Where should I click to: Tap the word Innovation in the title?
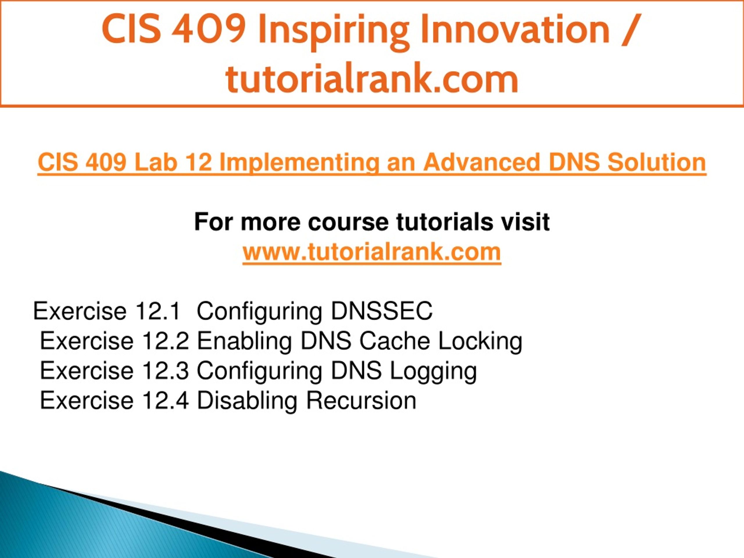[515, 29]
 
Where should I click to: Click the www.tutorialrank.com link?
[372, 252]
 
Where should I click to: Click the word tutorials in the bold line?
[444, 222]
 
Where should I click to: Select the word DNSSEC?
[382, 311]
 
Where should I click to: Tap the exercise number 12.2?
[165, 341]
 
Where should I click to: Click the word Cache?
[395, 341]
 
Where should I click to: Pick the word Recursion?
[361, 400]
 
